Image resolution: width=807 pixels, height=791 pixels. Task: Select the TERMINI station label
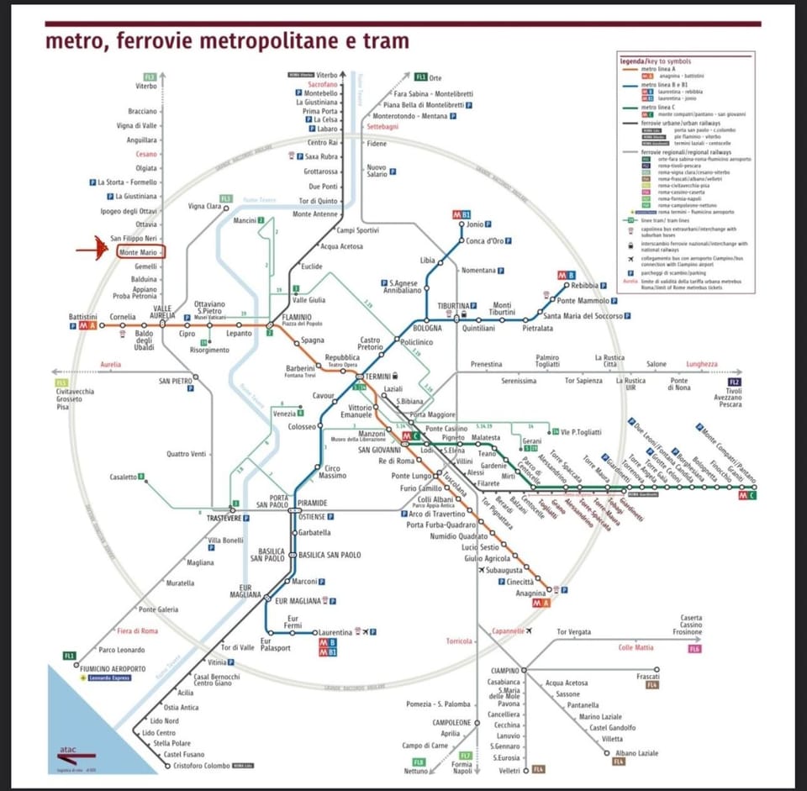pyautogui.click(x=377, y=376)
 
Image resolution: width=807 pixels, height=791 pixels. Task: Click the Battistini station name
pyautogui.click(x=84, y=317)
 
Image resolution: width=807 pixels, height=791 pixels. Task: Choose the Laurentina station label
pyautogui.click(x=335, y=632)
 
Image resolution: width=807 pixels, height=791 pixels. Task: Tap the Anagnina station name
pyautogui.click(x=530, y=593)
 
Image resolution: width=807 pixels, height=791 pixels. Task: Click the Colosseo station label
pyautogui.click(x=301, y=427)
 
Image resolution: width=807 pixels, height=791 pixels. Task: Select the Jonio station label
pyautogui.click(x=475, y=224)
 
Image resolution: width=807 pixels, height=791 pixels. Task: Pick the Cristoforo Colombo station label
pyautogui.click(x=202, y=766)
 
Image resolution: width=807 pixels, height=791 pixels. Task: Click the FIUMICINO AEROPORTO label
pyautogui.click(x=113, y=668)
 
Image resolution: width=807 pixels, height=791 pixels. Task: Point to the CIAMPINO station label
pyautogui.click(x=505, y=669)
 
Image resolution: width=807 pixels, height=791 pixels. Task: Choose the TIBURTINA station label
pyautogui.click(x=452, y=306)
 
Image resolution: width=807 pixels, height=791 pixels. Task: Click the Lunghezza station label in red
pyautogui.click(x=702, y=364)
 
